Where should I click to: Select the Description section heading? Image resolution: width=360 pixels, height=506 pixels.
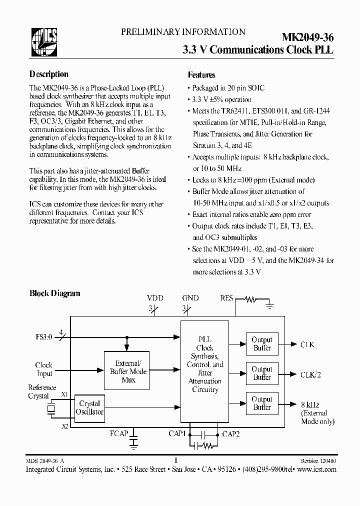click(49, 74)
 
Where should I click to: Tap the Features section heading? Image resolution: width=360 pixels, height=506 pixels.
click(201, 75)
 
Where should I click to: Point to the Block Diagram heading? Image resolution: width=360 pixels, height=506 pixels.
click(55, 293)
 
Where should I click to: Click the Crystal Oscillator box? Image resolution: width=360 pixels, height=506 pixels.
click(89, 407)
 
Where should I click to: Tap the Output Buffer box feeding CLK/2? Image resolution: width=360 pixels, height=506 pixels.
click(261, 373)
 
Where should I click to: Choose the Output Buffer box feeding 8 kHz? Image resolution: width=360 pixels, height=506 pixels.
click(261, 403)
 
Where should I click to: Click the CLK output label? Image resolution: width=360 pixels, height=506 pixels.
click(307, 344)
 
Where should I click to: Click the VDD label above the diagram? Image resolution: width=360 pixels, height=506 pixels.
click(155, 298)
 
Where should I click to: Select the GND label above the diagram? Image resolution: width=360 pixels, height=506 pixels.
click(190, 298)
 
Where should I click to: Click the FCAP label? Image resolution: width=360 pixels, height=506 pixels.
click(119, 433)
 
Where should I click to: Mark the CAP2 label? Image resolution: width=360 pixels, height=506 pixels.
click(230, 433)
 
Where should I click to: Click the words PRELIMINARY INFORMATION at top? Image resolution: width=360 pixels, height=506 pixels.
click(183, 32)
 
